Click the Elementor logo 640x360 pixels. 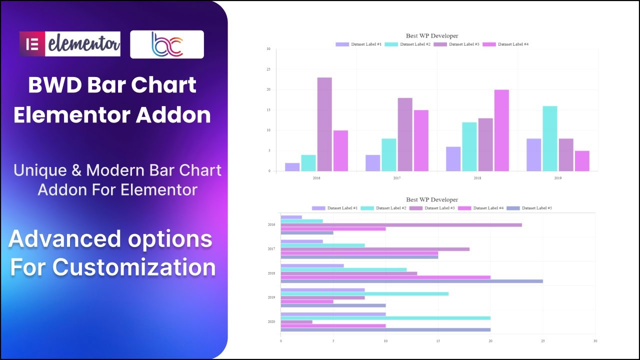pos(70,44)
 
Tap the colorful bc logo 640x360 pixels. pos(167,44)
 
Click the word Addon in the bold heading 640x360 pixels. pos(173,115)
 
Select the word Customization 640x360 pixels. pos(134,266)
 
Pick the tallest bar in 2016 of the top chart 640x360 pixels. pos(324,124)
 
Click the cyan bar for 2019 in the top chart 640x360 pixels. pos(549,138)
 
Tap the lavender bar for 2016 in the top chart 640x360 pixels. pos(292,167)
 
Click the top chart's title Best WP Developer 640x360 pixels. pos(432,35)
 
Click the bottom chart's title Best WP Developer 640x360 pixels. pos(432,199)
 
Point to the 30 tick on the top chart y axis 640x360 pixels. pos(268,49)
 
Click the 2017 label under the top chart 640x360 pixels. pos(397,178)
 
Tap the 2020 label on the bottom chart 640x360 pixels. pos(271,322)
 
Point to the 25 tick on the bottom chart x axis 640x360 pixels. pos(542,341)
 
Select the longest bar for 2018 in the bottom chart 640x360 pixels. pos(411,281)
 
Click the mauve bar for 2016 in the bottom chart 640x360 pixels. pos(401,225)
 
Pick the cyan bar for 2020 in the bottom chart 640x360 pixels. pos(385,318)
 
